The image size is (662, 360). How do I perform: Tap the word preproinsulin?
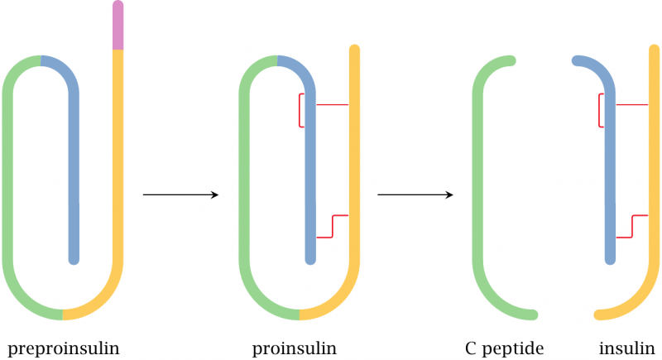63,348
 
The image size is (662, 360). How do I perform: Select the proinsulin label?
295,348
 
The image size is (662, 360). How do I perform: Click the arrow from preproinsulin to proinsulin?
180,194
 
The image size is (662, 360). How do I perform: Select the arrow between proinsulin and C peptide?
415,194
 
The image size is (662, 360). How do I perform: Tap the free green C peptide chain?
478,190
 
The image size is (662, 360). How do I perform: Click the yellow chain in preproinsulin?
118,166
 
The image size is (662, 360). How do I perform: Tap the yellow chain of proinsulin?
354,166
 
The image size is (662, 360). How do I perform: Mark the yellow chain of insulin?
652,166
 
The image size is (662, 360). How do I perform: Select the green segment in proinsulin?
245,190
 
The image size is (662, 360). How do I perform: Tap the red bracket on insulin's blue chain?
600,111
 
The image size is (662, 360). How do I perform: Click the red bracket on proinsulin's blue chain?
300,111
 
